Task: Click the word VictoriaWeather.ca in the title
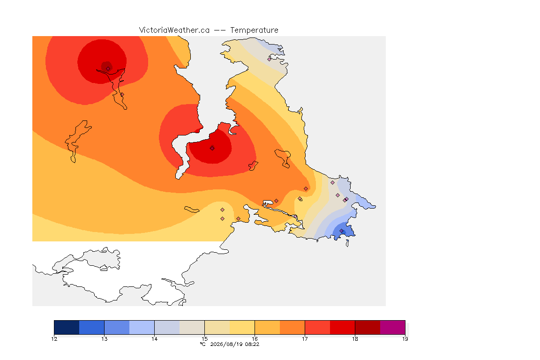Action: (x=174, y=30)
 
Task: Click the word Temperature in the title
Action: (x=254, y=30)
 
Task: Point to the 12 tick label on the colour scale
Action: (x=54, y=339)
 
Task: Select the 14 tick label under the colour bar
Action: (x=154, y=339)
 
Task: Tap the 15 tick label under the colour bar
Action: (x=204, y=339)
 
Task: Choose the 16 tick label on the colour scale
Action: (x=255, y=339)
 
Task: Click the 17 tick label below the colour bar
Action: (x=305, y=339)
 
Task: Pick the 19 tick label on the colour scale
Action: (x=405, y=339)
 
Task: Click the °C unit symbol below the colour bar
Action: (x=203, y=344)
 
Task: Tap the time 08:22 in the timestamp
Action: (x=252, y=344)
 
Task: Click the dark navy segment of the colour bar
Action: (x=67, y=327)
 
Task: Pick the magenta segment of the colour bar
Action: (x=393, y=327)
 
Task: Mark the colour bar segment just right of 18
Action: (x=367, y=327)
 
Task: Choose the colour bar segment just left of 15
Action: (x=192, y=327)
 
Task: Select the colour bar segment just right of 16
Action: (x=267, y=327)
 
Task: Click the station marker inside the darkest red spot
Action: (x=108, y=68)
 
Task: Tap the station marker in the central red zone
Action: (x=212, y=148)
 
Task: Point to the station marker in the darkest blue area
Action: (x=342, y=231)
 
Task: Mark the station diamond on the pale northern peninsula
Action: (x=270, y=59)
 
